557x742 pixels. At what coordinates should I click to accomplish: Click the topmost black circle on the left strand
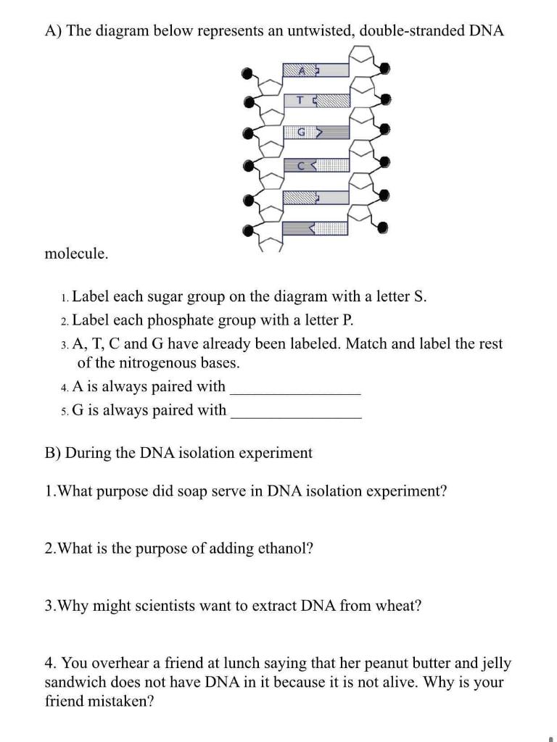(x=248, y=72)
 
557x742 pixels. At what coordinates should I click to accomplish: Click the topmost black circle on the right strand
(x=384, y=68)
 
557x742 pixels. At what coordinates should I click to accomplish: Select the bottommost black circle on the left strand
(x=248, y=232)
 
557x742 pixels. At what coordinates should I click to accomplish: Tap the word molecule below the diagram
(x=76, y=254)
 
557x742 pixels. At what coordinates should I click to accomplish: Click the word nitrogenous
(x=140, y=362)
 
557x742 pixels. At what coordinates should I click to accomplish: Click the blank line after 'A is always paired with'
(x=294, y=391)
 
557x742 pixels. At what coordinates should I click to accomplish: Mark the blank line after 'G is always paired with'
(x=295, y=415)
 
